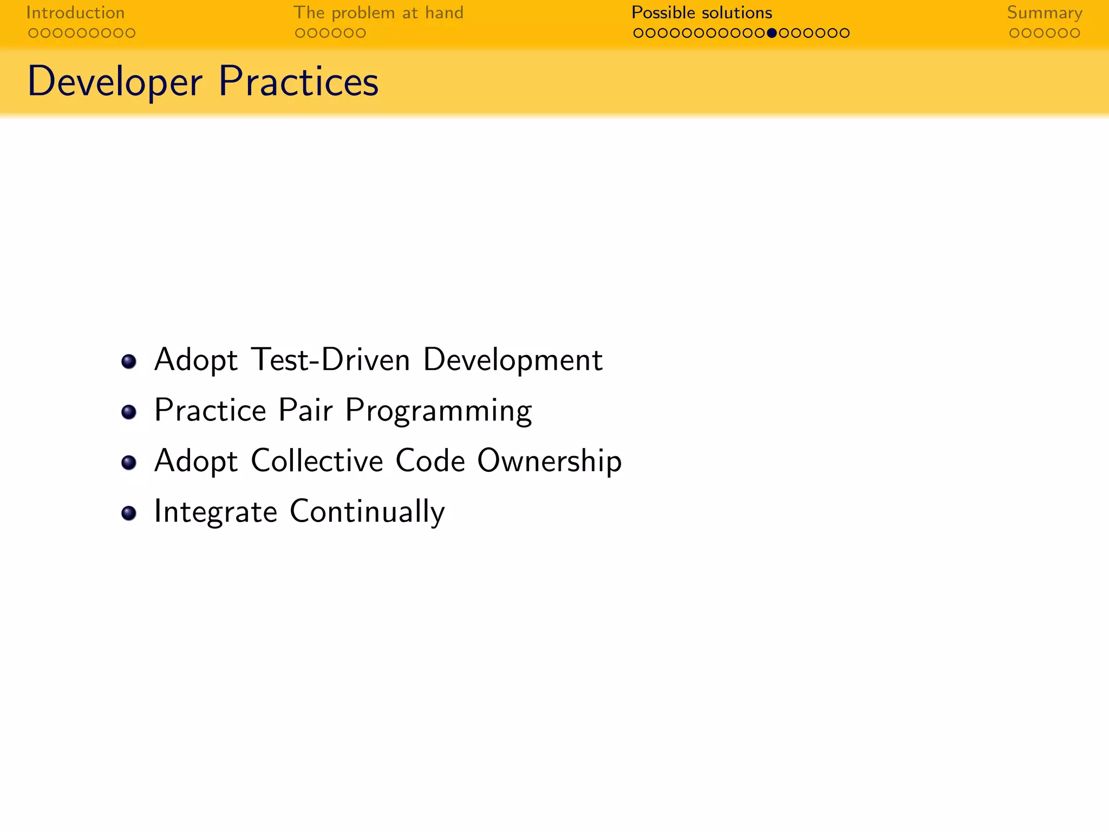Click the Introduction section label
click(x=75, y=12)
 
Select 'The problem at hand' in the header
click(x=378, y=12)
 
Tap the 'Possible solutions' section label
click(x=702, y=12)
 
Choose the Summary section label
click(x=1045, y=12)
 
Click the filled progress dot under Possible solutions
click(x=772, y=33)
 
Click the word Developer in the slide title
click(x=115, y=82)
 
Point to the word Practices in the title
click(x=298, y=82)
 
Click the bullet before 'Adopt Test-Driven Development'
click(x=128, y=361)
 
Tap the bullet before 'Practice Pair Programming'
click(x=128, y=412)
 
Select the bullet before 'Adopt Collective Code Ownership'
click(x=128, y=463)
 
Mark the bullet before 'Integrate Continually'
click(x=128, y=513)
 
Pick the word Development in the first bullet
click(x=512, y=360)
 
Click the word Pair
click(x=305, y=410)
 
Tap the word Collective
click(x=317, y=461)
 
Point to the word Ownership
click(x=549, y=461)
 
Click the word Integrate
click(x=216, y=512)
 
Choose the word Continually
click(x=367, y=512)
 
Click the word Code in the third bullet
click(x=430, y=461)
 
